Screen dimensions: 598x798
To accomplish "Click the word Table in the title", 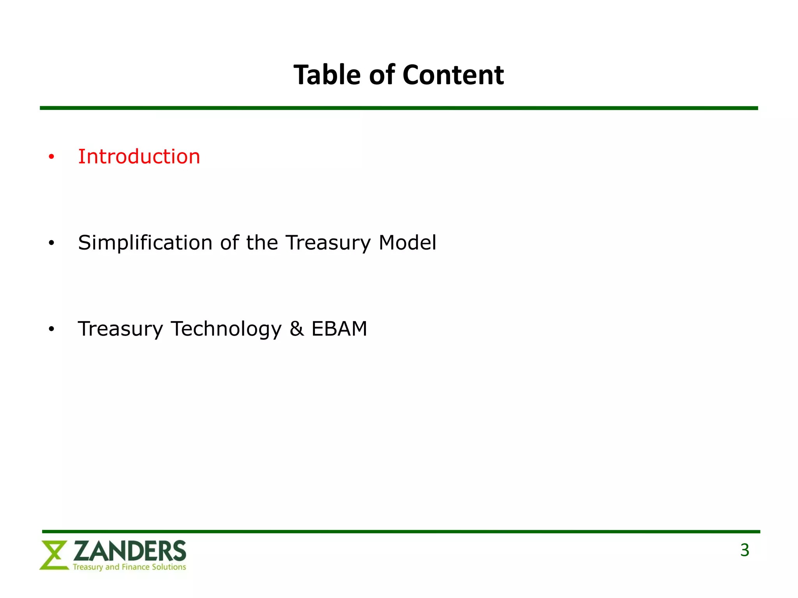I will point(327,75).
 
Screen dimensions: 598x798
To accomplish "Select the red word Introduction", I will point(139,157).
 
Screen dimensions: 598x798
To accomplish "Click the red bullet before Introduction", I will point(51,157).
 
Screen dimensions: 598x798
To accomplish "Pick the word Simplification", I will point(145,243).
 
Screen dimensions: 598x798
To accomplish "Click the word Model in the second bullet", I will point(407,243).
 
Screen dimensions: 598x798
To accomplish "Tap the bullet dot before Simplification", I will point(51,244).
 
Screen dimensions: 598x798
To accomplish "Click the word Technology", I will point(226,329).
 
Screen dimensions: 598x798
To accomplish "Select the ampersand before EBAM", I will point(297,329).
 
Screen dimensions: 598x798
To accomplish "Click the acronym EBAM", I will point(339,329).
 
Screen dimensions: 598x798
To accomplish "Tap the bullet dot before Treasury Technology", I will point(51,330).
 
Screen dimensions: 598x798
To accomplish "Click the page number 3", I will point(745,551).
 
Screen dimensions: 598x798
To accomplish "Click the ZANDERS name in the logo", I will point(130,551).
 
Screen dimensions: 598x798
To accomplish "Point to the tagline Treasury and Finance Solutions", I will point(129,567).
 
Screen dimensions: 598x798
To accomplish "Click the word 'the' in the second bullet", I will point(262,243).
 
